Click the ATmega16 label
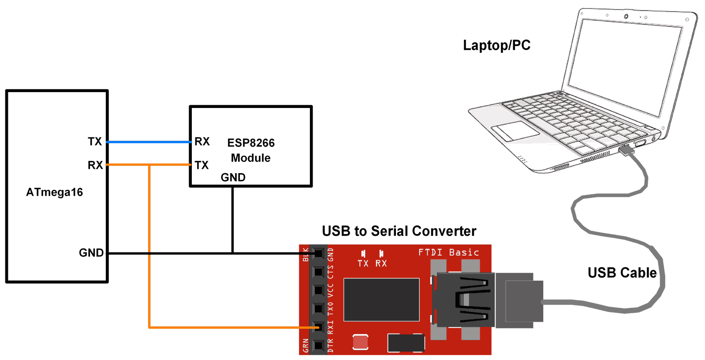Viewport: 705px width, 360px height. click(54, 192)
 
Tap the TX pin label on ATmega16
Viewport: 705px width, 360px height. click(95, 141)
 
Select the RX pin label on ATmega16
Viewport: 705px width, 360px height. click(95, 165)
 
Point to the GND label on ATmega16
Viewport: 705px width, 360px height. click(91, 253)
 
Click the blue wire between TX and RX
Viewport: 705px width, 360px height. click(149, 142)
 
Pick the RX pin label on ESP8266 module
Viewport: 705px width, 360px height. click(202, 141)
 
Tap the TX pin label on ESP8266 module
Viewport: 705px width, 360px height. click(201, 165)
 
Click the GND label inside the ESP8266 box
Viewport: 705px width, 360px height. click(233, 177)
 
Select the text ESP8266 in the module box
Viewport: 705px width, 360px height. click(251, 143)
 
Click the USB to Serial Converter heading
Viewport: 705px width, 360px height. click(399, 231)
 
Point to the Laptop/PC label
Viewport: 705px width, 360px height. click(496, 45)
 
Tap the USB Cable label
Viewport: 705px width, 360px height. click(622, 273)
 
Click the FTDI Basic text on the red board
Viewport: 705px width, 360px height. click(448, 252)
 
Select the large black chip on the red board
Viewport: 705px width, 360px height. click(381, 300)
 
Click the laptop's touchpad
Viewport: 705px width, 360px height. click(515, 131)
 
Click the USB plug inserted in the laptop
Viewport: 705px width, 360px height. click(627, 151)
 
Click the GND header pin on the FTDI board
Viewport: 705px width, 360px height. click(318, 253)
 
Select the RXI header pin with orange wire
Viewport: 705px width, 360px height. click(318, 327)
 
